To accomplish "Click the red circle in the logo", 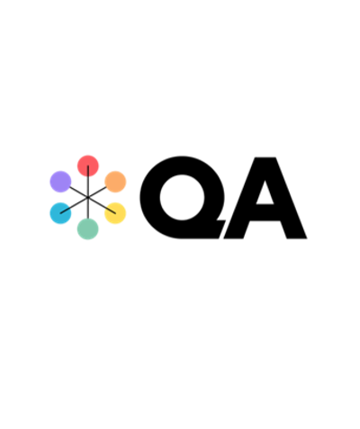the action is tap(88, 165).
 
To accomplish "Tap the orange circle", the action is tap(115, 182).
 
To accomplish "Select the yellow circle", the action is tap(115, 213).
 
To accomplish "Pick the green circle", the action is tap(88, 229).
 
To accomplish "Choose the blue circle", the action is tap(60, 213).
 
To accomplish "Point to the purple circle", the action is tap(60, 182).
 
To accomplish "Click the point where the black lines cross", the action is tap(88, 197).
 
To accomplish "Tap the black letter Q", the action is tap(150, 197).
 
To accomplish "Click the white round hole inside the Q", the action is tap(182, 197).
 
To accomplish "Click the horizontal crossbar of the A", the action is tap(265, 212).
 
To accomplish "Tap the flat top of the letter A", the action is tap(265, 158).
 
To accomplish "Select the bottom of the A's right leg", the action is tap(297, 237).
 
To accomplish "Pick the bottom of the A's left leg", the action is tap(234, 237).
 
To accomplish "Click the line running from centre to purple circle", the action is tap(78, 192).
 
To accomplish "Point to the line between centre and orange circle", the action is tap(97, 192).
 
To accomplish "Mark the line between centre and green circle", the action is tap(88, 208).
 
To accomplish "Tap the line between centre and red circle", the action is tap(88, 182).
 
